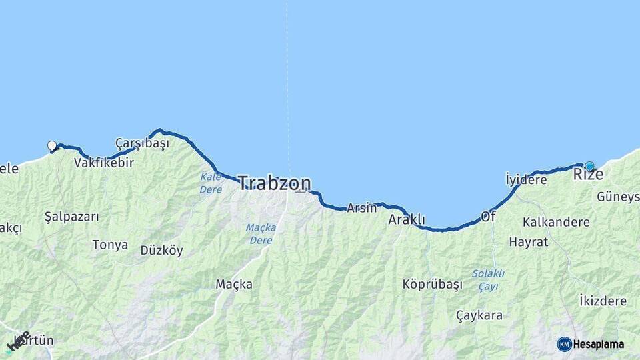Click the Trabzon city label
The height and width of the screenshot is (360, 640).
(x=274, y=183)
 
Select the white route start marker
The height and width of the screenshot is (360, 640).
(x=52, y=146)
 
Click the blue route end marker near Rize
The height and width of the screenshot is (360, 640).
(x=589, y=165)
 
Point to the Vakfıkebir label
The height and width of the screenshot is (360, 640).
(x=104, y=163)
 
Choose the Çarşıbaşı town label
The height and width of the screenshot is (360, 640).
(x=142, y=143)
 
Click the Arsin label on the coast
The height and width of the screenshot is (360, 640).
(x=361, y=208)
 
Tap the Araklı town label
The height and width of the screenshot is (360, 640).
(x=407, y=219)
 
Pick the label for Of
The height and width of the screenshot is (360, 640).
(x=488, y=217)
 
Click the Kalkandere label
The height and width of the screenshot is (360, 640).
(x=556, y=222)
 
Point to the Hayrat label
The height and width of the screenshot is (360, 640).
(x=528, y=242)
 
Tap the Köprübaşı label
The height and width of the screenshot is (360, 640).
(x=432, y=285)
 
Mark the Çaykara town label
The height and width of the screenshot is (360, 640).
(x=479, y=315)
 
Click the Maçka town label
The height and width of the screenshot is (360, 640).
(x=234, y=285)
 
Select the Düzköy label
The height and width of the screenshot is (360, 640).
(x=161, y=251)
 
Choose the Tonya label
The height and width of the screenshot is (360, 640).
(x=110, y=245)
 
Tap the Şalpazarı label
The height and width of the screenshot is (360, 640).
(x=71, y=217)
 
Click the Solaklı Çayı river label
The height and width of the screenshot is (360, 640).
(x=488, y=280)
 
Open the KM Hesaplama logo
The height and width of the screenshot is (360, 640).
(x=591, y=344)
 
